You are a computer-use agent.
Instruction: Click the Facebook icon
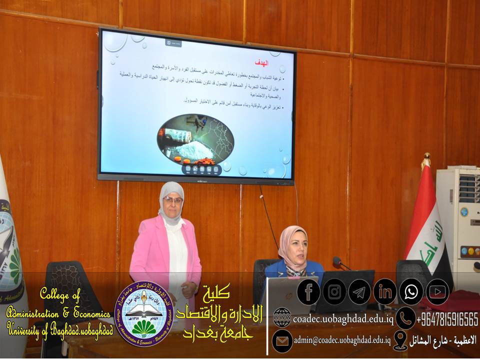pyautogui.click(x=308, y=292)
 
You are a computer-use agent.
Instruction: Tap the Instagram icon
pyautogui.click(x=334, y=292)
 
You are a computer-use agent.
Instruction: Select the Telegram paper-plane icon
pyautogui.click(x=359, y=292)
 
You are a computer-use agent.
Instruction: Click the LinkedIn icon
pyautogui.click(x=385, y=292)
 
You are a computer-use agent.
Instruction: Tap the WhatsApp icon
pyautogui.click(x=411, y=292)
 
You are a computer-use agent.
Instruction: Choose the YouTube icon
pyautogui.click(x=437, y=292)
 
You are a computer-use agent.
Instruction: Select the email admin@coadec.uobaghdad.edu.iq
pyautogui.click(x=342, y=340)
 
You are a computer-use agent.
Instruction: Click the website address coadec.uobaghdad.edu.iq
pyautogui.click(x=343, y=318)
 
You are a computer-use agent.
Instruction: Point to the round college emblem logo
pyautogui.click(x=144, y=313)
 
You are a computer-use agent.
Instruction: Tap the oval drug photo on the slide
pyautogui.click(x=195, y=139)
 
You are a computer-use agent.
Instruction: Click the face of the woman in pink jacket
pyautogui.click(x=172, y=203)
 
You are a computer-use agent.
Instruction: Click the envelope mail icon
pyautogui.click(x=282, y=340)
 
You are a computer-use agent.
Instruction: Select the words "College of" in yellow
pyautogui.click(x=59, y=295)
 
